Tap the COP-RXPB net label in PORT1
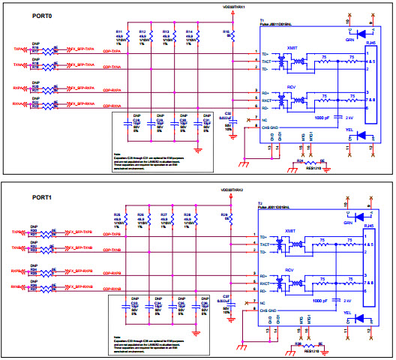point(112,273)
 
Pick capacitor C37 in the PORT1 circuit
point(227,301)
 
